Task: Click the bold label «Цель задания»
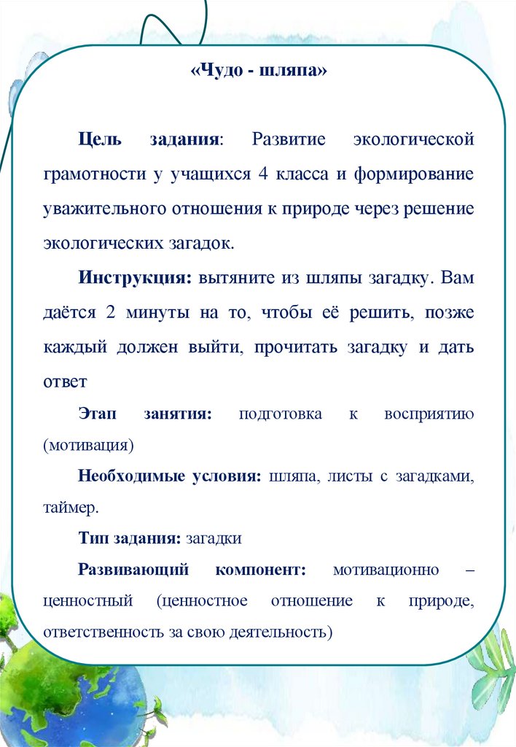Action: click(151, 139)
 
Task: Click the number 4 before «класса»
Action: click(264, 174)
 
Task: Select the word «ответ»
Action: click(65, 381)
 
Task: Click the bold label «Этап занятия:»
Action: click(145, 414)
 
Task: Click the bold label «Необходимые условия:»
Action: click(170, 476)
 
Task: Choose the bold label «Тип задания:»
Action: click(130, 539)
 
